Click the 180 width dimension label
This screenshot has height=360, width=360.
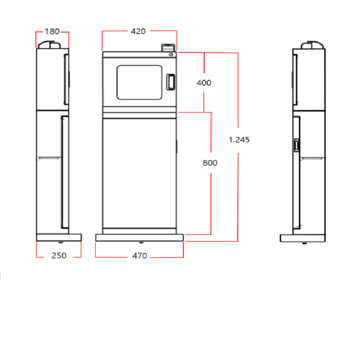coord(52,31)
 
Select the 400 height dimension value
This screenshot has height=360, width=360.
coord(204,82)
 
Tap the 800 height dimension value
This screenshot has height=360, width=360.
coord(210,163)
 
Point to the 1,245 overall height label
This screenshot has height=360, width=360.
coord(239,139)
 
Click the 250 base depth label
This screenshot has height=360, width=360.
coord(58,256)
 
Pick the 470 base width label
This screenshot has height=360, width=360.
coord(139,256)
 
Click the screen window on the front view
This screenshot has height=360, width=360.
coord(139,82)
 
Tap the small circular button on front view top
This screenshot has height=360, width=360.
coord(171,55)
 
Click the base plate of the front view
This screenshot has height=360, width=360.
coord(139,237)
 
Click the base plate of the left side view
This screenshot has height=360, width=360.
coord(58,238)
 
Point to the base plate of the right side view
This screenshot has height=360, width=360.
coord(302,238)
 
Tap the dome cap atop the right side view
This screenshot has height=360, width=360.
coord(312,45)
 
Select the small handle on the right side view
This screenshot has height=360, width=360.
coord(297,146)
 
